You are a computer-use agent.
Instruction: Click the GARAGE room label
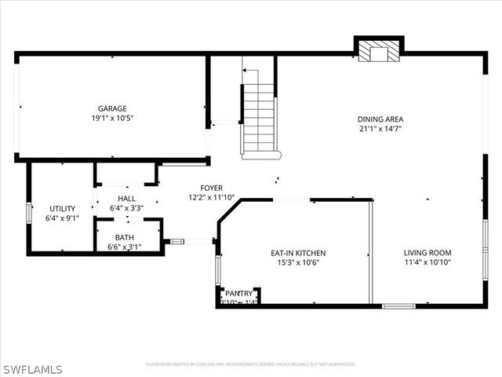click(x=112, y=108)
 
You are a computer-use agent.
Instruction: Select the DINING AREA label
click(x=380, y=119)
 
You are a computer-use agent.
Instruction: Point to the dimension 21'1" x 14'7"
click(x=380, y=129)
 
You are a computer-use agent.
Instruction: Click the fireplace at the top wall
click(x=379, y=51)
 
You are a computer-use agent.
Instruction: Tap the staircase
click(x=259, y=118)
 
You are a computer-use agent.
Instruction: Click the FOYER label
click(x=211, y=188)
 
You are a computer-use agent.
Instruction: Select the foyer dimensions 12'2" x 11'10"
click(x=211, y=197)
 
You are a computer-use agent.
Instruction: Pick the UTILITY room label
click(x=62, y=209)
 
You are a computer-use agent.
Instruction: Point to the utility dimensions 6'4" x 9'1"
click(x=62, y=218)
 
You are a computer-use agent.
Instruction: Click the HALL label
click(x=126, y=199)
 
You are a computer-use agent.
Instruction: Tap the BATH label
click(x=124, y=237)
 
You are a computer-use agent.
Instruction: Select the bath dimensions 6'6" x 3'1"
click(x=124, y=247)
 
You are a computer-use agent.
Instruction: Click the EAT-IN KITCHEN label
click(x=298, y=253)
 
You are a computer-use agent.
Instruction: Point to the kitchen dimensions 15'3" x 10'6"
click(x=298, y=262)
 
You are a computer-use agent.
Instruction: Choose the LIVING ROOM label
click(x=427, y=253)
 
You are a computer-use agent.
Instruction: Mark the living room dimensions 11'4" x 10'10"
click(x=427, y=262)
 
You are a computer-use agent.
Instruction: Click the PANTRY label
click(x=239, y=293)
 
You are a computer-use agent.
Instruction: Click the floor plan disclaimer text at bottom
click(x=251, y=364)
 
